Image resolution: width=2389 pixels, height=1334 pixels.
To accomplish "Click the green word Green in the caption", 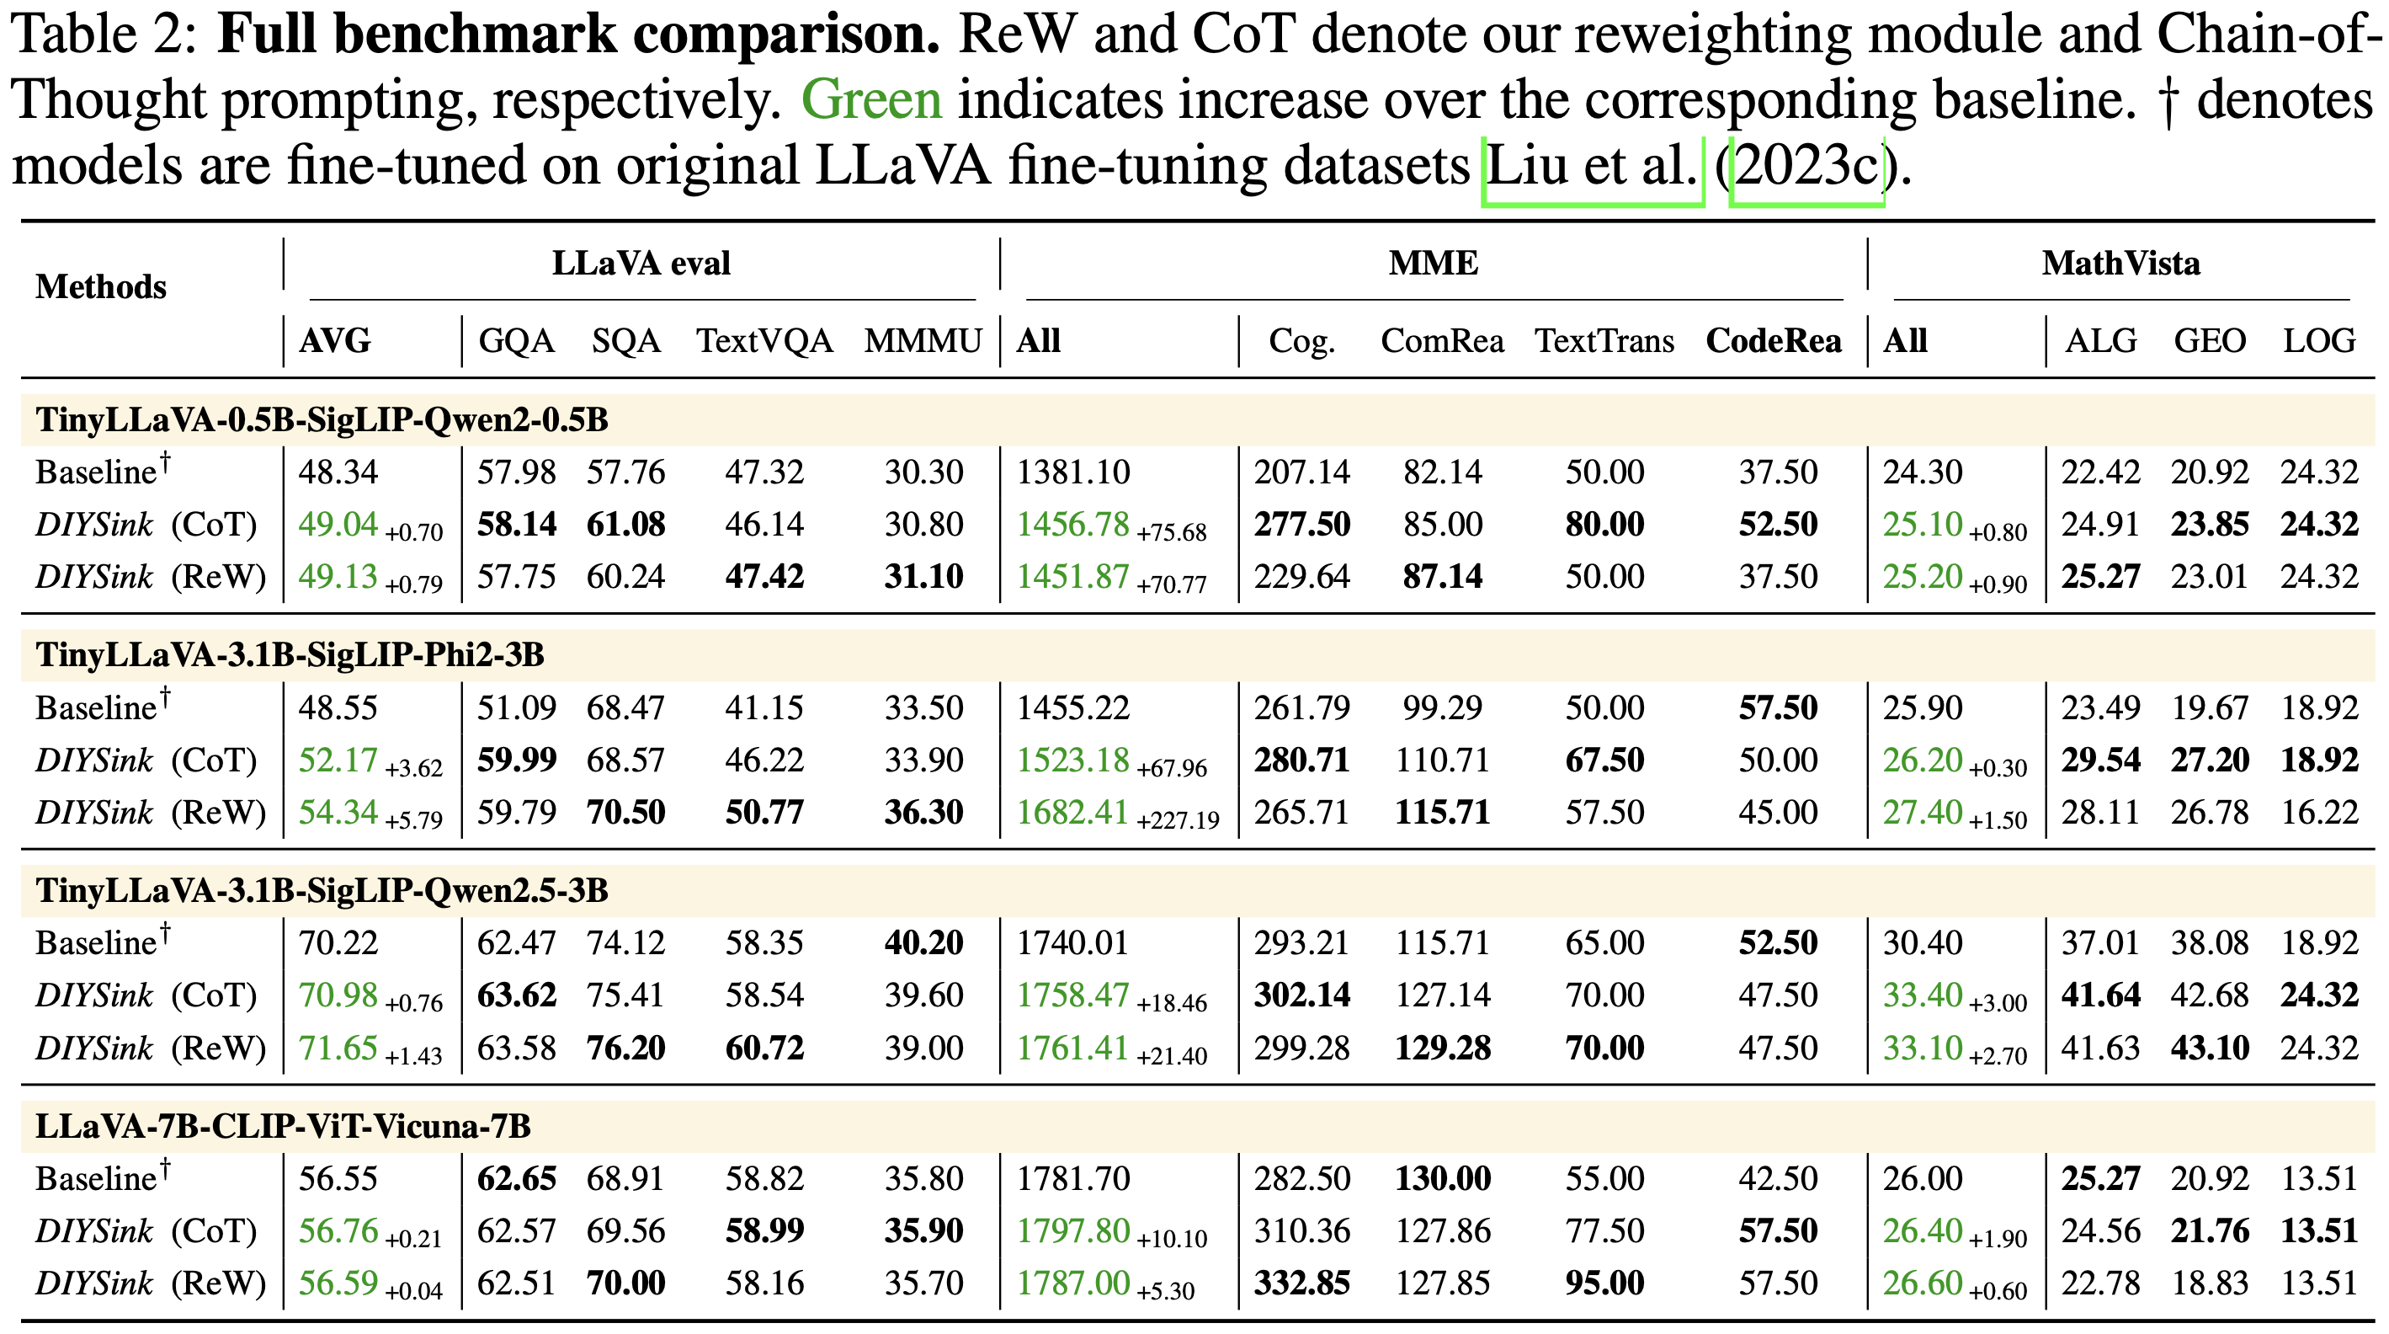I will [x=871, y=100].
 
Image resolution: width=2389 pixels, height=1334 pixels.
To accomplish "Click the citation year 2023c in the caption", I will [x=1806, y=167].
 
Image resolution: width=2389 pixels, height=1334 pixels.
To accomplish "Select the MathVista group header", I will [x=2120, y=264].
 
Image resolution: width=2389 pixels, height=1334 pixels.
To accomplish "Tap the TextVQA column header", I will [x=764, y=340].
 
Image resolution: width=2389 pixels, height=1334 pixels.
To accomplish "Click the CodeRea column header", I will [x=1773, y=340].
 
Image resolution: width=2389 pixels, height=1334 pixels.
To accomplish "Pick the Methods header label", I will [x=101, y=286].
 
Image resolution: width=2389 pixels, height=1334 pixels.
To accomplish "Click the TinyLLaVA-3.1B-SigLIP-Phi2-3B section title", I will [x=290, y=655].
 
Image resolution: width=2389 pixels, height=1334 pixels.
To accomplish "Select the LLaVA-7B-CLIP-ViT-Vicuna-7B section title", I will [x=283, y=1126].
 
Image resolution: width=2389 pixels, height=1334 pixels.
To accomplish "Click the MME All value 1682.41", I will [x=1073, y=813].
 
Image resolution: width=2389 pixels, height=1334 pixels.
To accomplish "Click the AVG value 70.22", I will [x=338, y=943].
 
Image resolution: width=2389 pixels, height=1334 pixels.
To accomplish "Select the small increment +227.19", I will [x=1178, y=820].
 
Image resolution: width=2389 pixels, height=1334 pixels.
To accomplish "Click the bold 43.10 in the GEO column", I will [x=2209, y=1049].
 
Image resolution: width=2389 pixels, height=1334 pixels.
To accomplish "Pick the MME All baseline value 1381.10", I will [x=1073, y=472].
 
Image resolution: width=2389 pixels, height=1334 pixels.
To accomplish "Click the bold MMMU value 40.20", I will [x=923, y=943].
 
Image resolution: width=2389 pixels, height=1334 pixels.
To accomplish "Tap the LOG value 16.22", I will [x=2318, y=813].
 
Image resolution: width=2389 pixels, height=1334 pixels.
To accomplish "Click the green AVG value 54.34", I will [x=338, y=813].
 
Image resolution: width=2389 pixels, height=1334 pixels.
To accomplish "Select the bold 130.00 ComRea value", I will [x=1442, y=1179].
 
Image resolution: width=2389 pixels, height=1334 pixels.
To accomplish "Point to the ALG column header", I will [x=2100, y=340].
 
